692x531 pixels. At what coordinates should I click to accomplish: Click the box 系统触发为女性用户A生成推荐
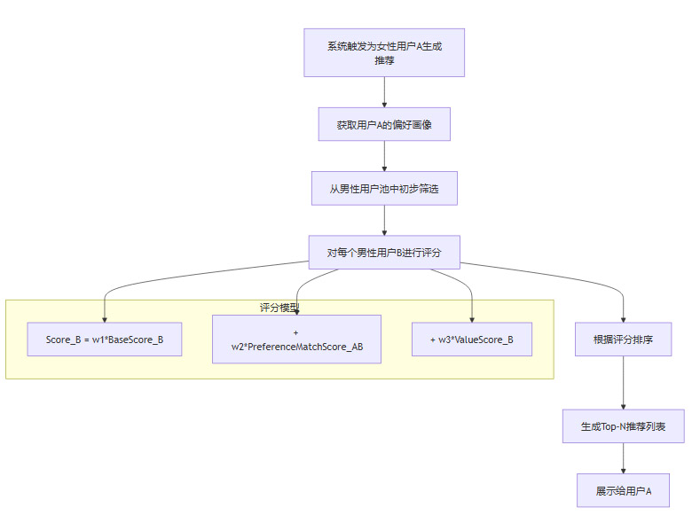(384, 52)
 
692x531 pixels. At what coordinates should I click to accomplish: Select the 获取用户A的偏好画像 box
(384, 125)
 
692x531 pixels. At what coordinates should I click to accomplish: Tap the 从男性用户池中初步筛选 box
(384, 189)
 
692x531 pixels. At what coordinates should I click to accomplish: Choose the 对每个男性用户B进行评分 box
(384, 252)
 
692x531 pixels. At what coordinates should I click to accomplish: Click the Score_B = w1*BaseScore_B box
(105, 340)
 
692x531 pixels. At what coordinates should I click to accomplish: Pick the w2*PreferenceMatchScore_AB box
(296, 340)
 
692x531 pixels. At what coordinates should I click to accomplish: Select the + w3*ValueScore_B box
(472, 340)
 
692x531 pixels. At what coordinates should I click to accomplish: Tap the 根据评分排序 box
(624, 340)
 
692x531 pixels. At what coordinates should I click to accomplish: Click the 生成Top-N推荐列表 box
(624, 426)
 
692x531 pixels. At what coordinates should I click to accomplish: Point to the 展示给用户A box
(624, 490)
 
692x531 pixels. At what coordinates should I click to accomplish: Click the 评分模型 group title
(279, 308)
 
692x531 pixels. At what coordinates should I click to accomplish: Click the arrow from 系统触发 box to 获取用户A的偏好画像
(384, 92)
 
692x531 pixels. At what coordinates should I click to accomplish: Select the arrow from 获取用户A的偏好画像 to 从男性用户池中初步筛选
(384, 156)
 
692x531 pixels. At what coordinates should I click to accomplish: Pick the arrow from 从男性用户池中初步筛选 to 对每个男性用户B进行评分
(384, 220)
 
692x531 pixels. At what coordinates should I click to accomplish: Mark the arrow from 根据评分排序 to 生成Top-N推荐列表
(624, 383)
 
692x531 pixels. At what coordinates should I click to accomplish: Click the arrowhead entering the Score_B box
(105, 318)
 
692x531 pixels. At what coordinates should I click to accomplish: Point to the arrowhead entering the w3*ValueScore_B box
(472, 318)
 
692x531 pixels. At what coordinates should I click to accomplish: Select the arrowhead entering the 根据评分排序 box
(624, 318)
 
